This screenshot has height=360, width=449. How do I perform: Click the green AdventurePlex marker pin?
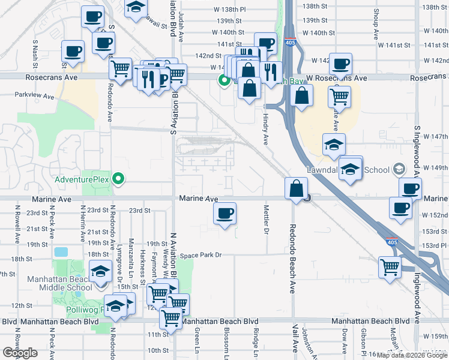(119, 178)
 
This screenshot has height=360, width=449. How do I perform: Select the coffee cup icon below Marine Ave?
(224, 214)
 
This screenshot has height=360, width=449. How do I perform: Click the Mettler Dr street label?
(265, 218)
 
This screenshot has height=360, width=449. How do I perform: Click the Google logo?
(20, 352)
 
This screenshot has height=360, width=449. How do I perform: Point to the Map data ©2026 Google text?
(412, 355)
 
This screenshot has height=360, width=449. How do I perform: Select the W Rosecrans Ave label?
(336, 78)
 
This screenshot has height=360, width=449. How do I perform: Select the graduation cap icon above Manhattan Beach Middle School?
(100, 271)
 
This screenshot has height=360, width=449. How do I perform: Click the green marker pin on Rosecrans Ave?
(224, 80)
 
